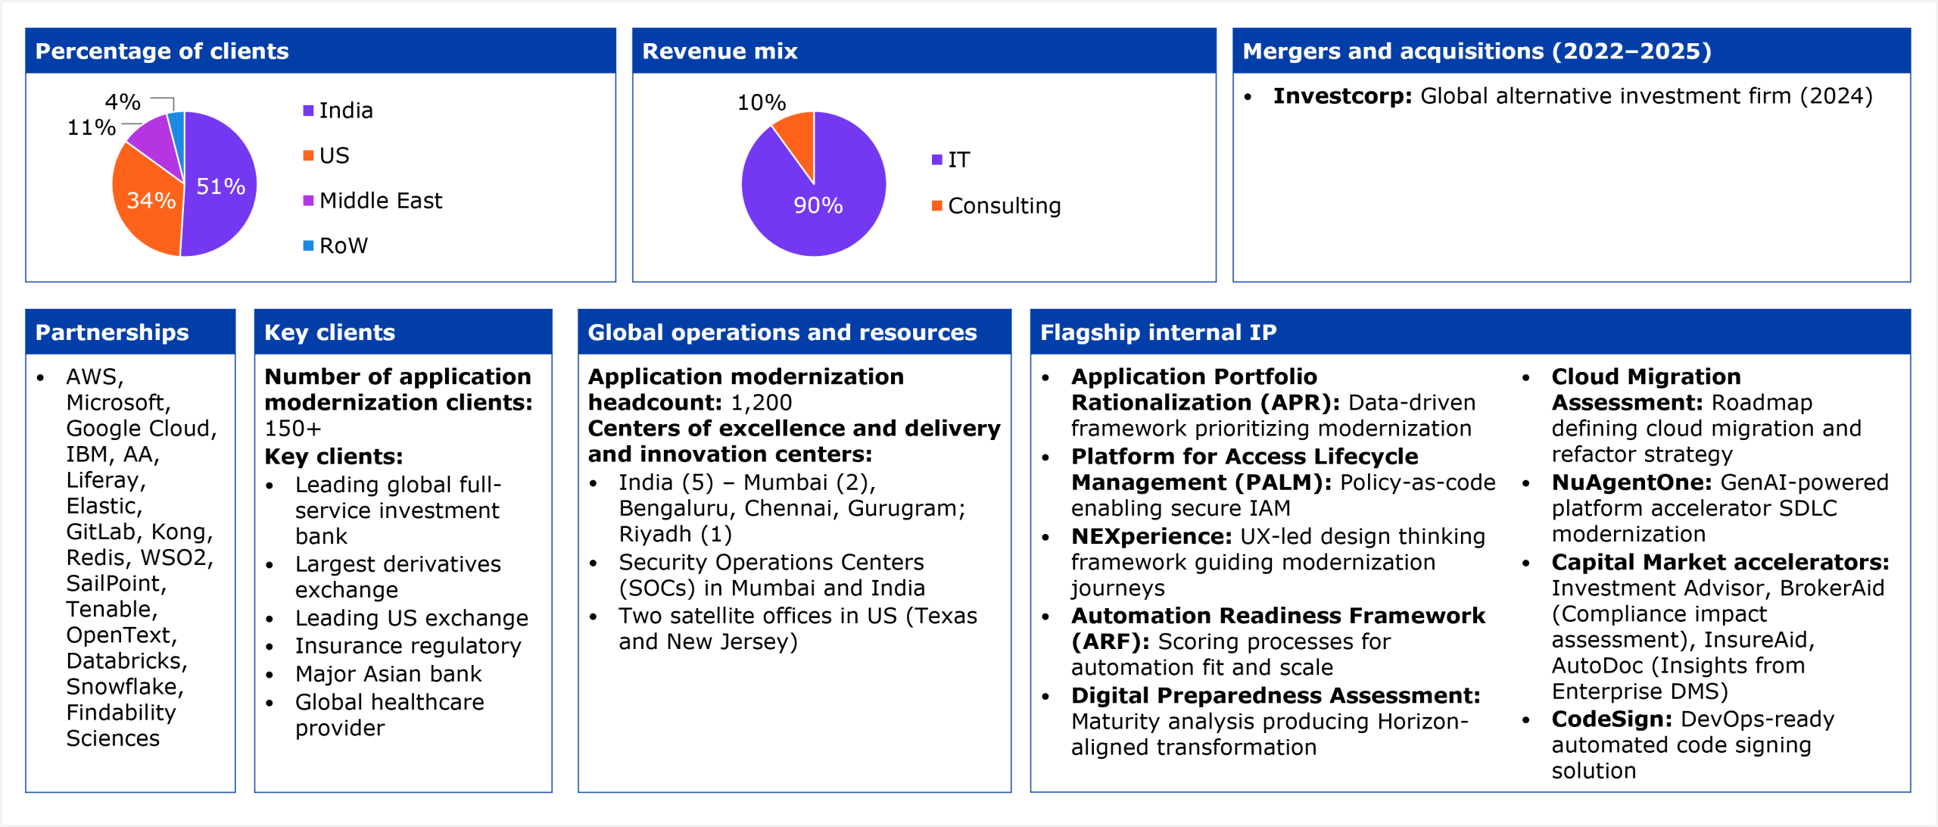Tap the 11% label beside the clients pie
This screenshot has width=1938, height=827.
tap(92, 127)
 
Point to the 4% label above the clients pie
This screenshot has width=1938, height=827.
tap(123, 101)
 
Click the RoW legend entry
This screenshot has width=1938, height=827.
tap(343, 245)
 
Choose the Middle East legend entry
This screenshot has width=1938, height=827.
tap(380, 201)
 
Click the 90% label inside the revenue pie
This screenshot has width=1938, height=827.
tap(818, 205)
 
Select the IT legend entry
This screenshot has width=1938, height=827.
tap(958, 160)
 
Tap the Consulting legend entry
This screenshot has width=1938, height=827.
tap(1004, 206)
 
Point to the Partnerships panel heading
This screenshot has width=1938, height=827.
tap(112, 332)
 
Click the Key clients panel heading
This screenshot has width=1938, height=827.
tap(329, 332)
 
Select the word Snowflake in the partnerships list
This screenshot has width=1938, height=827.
tap(123, 687)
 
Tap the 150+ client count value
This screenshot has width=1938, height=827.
tap(293, 429)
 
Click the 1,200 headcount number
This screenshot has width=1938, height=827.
tap(761, 403)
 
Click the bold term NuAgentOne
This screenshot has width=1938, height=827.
tap(1631, 482)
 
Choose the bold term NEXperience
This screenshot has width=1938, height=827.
tap(1151, 536)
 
